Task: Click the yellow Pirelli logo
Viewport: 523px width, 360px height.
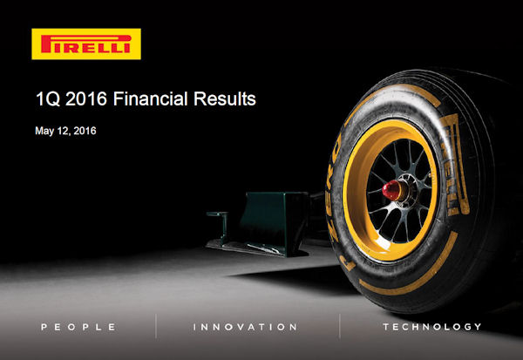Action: tap(86, 44)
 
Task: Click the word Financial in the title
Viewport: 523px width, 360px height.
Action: tap(151, 98)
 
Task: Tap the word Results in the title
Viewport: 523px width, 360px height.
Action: tap(225, 98)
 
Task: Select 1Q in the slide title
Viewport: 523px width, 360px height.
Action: tap(48, 99)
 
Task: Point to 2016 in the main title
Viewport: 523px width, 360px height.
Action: tap(86, 98)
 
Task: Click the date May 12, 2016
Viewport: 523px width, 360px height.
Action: tap(65, 131)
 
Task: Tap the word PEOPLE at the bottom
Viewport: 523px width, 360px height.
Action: tap(78, 327)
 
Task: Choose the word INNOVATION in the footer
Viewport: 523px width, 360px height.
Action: tap(245, 327)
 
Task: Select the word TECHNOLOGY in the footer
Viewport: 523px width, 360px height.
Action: tap(432, 327)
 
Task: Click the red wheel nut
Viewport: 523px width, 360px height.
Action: tap(391, 190)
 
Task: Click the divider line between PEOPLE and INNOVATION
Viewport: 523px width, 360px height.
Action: tap(156, 326)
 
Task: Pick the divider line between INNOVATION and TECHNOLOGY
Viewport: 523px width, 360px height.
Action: tap(340, 326)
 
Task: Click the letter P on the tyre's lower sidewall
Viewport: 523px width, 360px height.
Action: tap(348, 264)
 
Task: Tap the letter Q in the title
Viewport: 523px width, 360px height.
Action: tap(52, 99)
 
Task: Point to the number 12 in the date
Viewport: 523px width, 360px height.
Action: tap(63, 131)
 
